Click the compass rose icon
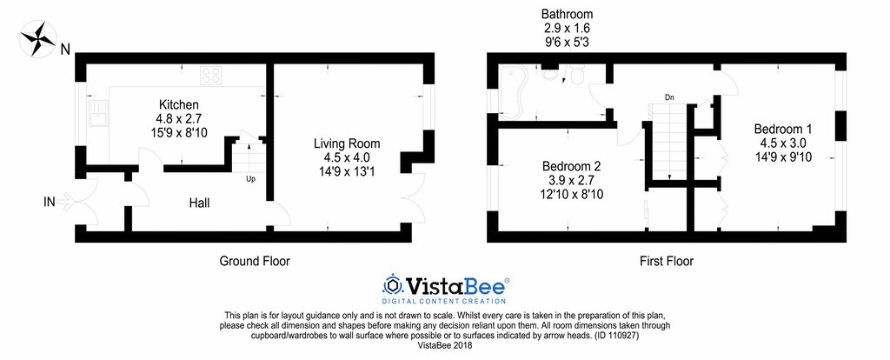tap(38, 38)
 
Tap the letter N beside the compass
tap(65, 50)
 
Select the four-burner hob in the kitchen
tap(211, 75)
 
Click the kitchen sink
tap(98, 113)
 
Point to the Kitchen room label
tap(179, 105)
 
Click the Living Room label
tap(347, 143)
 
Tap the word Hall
tap(199, 203)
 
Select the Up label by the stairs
tap(250, 179)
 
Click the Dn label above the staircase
tap(670, 97)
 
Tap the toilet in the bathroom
tap(578, 75)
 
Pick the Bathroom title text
tap(567, 14)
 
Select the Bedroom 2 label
tap(571, 166)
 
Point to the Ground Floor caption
tap(255, 261)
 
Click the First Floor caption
tap(667, 261)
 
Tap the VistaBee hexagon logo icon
tap(392, 284)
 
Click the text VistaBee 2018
tap(445, 344)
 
